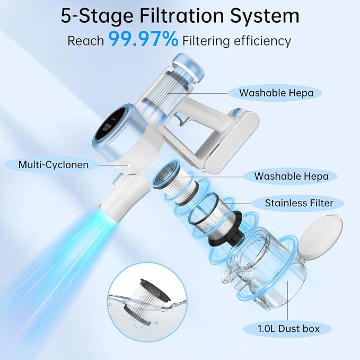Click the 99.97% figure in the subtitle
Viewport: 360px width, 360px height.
click(x=143, y=39)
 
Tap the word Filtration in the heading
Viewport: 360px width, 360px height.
click(x=181, y=16)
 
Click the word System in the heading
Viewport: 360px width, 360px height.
click(x=265, y=16)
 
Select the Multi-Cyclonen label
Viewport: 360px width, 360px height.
click(x=53, y=165)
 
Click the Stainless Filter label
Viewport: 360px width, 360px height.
click(x=299, y=203)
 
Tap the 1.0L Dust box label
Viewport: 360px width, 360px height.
click(x=288, y=329)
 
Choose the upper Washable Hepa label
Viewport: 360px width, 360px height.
click(x=276, y=93)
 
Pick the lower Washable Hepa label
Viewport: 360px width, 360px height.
click(x=291, y=176)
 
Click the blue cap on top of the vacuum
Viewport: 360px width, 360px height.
click(x=188, y=68)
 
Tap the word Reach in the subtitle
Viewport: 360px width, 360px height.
click(x=86, y=41)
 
